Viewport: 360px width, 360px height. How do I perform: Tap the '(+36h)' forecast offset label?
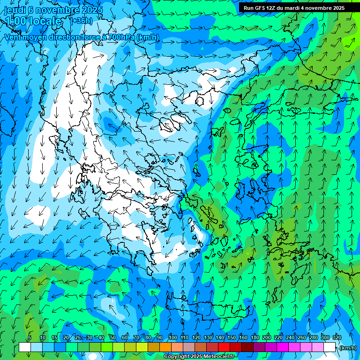click(81, 21)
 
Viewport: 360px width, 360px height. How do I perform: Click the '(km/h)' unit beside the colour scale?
click(347, 348)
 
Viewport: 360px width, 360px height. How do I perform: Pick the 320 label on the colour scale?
click(337, 337)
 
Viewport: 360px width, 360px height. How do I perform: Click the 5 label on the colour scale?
click(30, 337)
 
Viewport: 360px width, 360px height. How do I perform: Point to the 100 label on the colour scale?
click(172, 337)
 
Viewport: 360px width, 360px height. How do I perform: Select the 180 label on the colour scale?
click(255, 337)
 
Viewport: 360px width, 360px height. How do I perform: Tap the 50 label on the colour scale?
click(113, 337)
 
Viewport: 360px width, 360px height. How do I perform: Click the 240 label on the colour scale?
click(290, 337)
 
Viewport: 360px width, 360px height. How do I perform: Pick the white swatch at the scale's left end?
click(25, 347)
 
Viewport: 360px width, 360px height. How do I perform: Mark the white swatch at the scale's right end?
click(330, 347)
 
